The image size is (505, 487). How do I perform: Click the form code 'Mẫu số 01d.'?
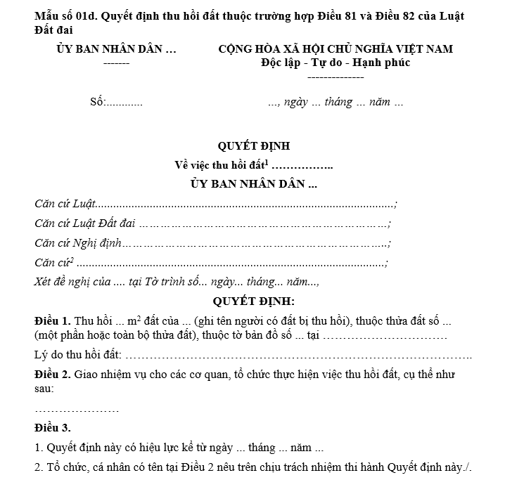pos(65,15)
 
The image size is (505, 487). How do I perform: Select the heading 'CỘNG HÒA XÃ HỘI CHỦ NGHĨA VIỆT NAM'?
pos(335,49)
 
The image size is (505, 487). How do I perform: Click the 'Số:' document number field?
pos(97,103)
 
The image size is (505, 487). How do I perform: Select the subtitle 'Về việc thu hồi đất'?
pos(221,166)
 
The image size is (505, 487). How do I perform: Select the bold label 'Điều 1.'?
pos(52,320)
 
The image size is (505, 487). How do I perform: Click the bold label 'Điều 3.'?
pos(52,428)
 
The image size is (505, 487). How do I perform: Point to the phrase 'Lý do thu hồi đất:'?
pos(77,355)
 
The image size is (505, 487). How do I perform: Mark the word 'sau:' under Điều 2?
pos(44,388)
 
